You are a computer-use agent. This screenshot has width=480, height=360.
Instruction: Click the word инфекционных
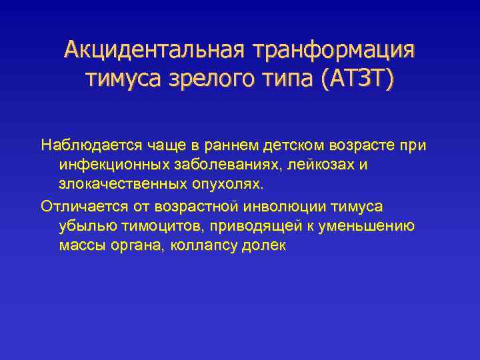(109, 164)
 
